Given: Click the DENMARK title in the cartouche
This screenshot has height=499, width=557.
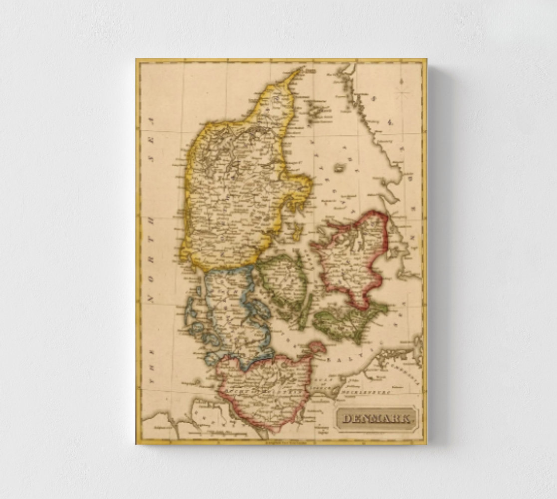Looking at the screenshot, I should [376, 419].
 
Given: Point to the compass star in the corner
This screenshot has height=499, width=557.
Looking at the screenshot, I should [402, 92].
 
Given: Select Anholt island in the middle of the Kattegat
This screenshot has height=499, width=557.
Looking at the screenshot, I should [341, 168].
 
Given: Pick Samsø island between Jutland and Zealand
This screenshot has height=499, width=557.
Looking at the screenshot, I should [298, 231].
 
